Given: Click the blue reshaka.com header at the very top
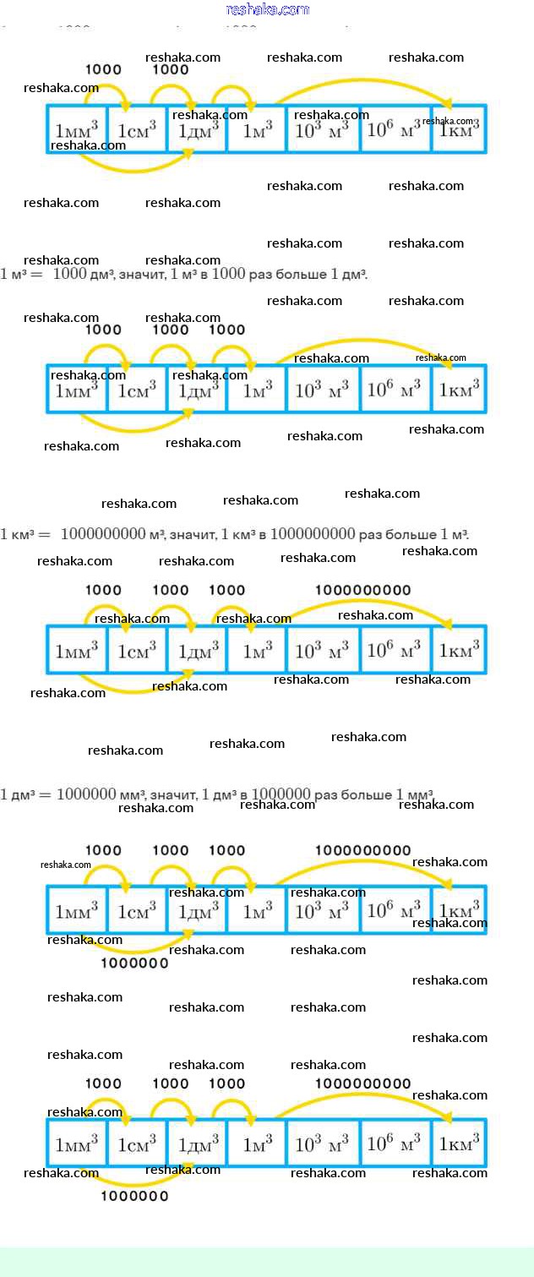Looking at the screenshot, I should [268, 10].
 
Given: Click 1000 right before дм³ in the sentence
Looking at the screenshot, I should [69, 275].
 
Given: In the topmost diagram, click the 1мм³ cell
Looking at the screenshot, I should [77, 130].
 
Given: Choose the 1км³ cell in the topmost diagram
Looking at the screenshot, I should [459, 130].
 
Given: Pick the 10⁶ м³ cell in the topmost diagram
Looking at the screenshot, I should [395, 130].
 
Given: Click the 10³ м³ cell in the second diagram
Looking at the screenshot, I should [322, 390].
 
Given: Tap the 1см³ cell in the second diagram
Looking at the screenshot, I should [137, 390].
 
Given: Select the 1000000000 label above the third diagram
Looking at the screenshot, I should [362, 590].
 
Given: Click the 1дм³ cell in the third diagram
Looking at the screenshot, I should [198, 650].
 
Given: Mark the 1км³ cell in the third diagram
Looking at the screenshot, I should [459, 650].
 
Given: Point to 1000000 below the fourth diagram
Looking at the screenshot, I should [134, 963].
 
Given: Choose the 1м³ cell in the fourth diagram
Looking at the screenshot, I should [257, 910].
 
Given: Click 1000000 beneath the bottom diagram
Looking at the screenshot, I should [134, 1196].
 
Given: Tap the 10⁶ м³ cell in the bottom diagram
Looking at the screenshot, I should [395, 1143].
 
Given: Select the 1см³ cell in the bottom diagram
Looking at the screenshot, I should [137, 1143].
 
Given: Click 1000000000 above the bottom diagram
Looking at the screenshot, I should [362, 1083].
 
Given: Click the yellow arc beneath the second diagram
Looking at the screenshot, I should [135, 429].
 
